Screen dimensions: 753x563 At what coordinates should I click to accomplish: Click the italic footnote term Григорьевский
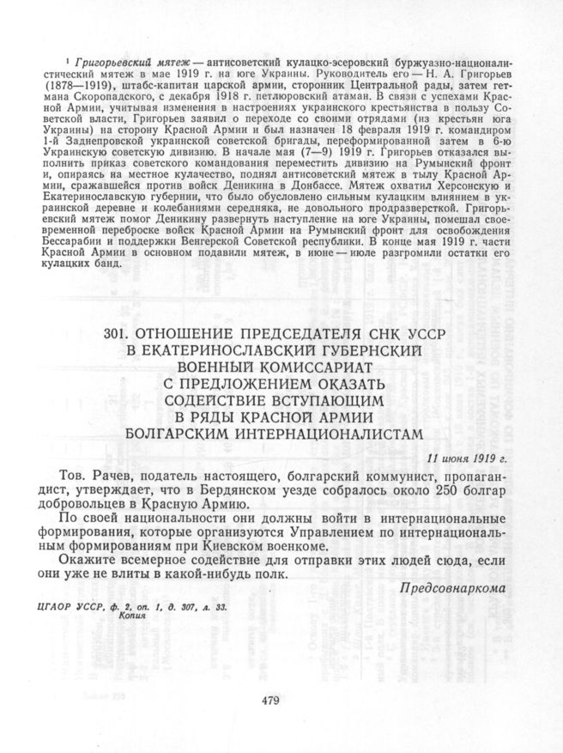point(114,64)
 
